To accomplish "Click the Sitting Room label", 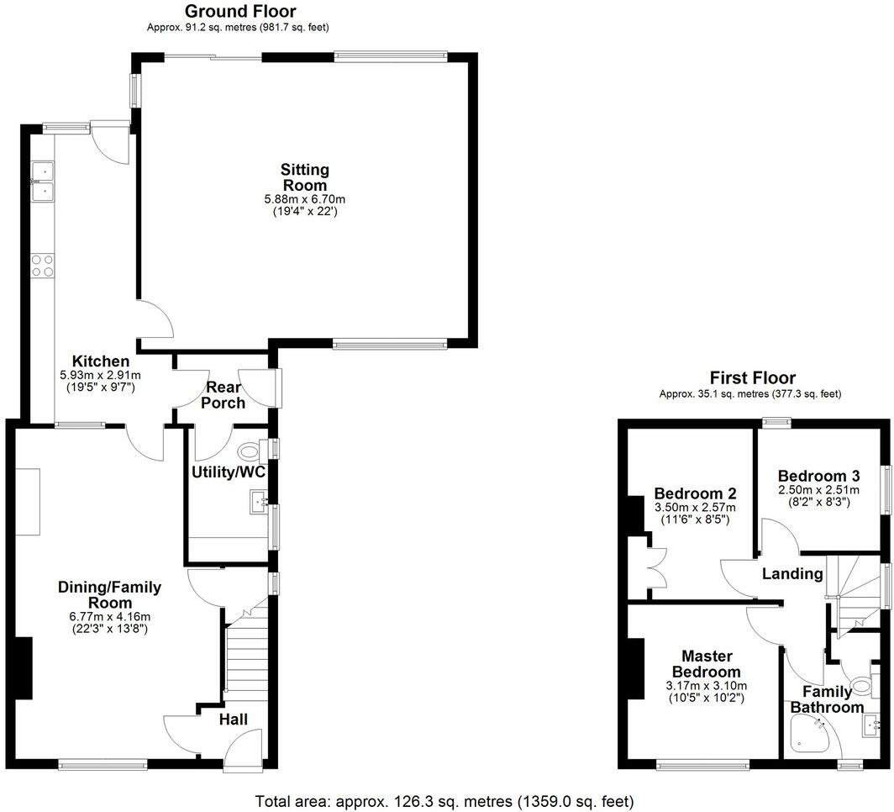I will [304, 177].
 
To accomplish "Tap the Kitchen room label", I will [100, 361].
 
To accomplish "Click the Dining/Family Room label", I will [109, 594].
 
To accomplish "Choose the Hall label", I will [233, 720].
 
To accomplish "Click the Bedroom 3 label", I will [813, 474].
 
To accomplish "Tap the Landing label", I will [791, 574].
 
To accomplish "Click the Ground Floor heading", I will [239, 11].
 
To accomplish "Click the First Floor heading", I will [752, 378].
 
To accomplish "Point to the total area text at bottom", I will [444, 800].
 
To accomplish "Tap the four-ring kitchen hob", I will [42, 266].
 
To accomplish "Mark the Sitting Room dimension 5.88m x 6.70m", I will [304, 199].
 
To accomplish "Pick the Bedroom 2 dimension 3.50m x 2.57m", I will [695, 508].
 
